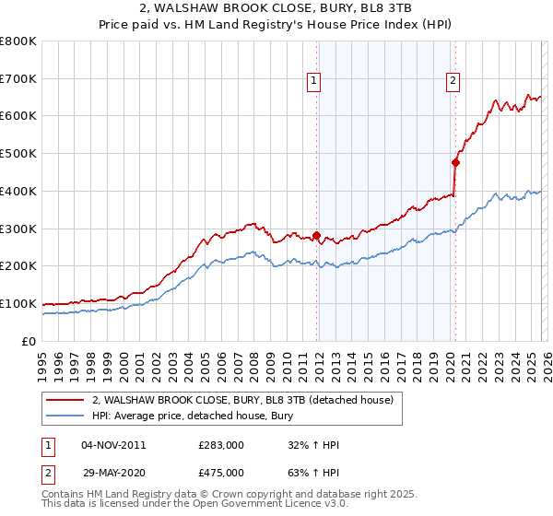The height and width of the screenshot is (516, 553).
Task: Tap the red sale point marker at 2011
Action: [316, 235]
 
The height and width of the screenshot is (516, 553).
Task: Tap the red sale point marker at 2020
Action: [455, 162]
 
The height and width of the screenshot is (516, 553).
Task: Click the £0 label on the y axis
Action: [28, 341]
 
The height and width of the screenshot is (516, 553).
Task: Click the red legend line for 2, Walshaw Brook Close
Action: [65, 400]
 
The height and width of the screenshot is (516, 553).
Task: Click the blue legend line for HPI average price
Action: [65, 416]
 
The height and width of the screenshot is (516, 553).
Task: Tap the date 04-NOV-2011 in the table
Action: [113, 445]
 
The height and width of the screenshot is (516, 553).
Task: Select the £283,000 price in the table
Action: [221, 445]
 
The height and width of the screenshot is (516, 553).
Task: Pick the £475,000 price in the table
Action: [221, 472]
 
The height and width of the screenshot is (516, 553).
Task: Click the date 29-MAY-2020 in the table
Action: [113, 472]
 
